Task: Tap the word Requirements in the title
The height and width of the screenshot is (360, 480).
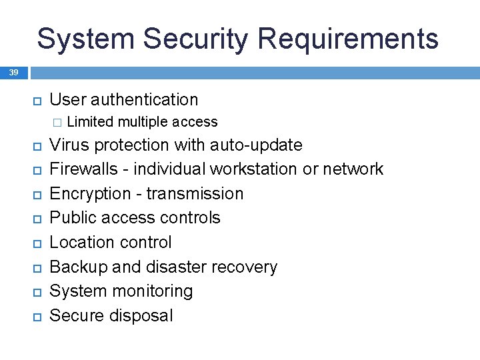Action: [348, 39]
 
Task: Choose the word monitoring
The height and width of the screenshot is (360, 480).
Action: [151, 291]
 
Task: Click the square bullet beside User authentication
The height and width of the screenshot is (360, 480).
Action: [37, 101]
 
